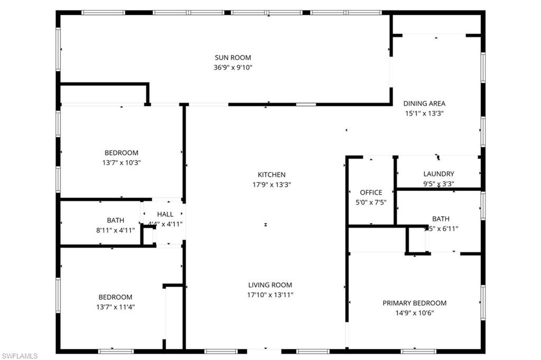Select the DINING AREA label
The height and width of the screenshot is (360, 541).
point(424,104)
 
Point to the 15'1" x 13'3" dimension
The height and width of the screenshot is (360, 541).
point(424,113)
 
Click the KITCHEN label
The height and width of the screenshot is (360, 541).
point(272,174)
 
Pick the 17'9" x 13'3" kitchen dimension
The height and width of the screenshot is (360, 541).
point(272,184)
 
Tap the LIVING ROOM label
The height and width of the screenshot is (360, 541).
point(270,285)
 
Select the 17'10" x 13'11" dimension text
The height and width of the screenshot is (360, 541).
point(270,295)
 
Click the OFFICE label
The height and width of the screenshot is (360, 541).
point(371,192)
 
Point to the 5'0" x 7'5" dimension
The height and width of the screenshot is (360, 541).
point(371,202)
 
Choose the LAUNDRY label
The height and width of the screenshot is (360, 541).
point(439,174)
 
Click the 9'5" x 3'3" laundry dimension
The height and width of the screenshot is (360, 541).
point(439,184)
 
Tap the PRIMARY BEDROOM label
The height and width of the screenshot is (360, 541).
point(414,303)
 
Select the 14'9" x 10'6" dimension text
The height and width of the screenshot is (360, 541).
point(414,313)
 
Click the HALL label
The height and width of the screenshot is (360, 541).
point(165,214)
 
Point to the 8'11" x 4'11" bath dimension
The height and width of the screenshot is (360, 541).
point(116,230)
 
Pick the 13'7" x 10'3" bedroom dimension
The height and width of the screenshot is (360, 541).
point(122,163)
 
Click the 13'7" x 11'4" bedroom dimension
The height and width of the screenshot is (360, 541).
point(115,307)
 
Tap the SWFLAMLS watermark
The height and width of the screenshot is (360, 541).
point(20,356)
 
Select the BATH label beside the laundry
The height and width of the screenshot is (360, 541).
point(441,219)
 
